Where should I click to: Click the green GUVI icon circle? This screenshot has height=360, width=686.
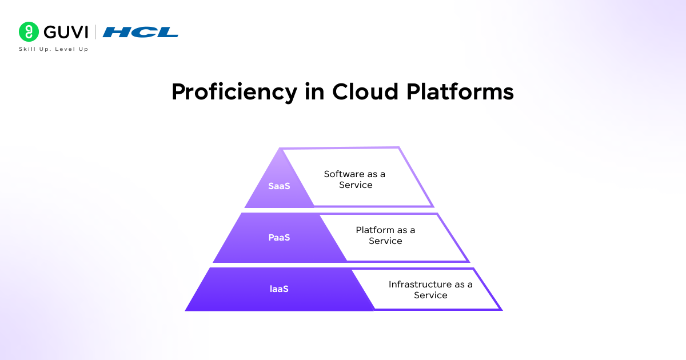pos(29,32)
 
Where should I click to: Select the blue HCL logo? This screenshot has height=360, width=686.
pos(141,32)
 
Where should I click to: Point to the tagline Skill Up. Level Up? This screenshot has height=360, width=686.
pos(54,49)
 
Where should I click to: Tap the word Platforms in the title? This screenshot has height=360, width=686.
pos(460,92)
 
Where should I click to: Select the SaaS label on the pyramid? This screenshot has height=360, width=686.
pos(280,186)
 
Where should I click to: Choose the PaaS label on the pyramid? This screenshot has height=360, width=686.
pos(280,237)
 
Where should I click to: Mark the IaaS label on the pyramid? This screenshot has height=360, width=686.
pos(279,289)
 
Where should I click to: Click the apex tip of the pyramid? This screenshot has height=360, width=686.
pos(280,149)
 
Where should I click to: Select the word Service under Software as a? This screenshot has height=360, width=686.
pos(356,185)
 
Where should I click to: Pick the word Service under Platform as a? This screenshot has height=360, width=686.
pos(385,241)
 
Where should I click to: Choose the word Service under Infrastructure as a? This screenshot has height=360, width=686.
pos(430,295)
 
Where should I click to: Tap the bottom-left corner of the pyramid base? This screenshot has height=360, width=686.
pos(186,310)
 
